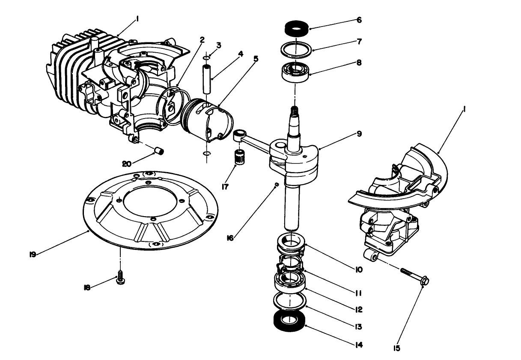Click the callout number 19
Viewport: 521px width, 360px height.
pos(33,254)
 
